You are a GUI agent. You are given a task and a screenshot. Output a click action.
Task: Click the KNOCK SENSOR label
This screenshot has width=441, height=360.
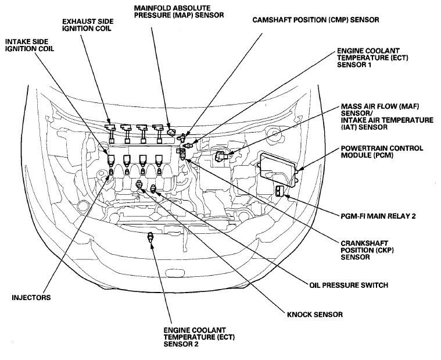pyautogui.click(x=315, y=314)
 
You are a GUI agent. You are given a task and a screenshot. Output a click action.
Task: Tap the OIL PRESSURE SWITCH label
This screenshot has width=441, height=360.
pyautogui.click(x=349, y=285)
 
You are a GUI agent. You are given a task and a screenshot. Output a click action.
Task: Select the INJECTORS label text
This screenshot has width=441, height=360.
pyautogui.click(x=31, y=298)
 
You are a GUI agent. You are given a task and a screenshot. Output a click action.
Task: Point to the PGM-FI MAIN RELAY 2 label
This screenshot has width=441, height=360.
pyautogui.click(x=378, y=216)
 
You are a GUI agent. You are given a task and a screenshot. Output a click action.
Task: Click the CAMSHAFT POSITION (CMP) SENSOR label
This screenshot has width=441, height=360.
pyautogui.click(x=315, y=20)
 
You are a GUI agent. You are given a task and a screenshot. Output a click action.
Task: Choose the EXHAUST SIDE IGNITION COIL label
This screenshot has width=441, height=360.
pyautogui.click(x=88, y=25)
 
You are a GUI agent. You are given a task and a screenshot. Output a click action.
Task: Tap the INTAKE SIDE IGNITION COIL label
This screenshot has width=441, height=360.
pyautogui.click(x=30, y=45)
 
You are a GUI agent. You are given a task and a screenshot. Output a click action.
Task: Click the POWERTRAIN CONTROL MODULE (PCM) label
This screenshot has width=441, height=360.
pyautogui.click(x=382, y=152)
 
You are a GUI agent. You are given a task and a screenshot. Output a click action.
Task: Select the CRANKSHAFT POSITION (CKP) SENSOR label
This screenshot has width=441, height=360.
pyautogui.click(x=367, y=250)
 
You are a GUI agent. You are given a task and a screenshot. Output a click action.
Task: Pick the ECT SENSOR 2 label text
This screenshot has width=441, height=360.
pyautogui.click(x=199, y=337)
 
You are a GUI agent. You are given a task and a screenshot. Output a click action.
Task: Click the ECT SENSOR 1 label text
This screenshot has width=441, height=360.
pyautogui.click(x=372, y=58)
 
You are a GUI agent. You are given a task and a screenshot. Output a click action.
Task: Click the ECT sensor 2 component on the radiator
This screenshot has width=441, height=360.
pyautogui.click(x=150, y=237)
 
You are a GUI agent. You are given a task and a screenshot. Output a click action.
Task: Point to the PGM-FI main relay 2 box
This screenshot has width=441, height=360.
pyautogui.click(x=280, y=191)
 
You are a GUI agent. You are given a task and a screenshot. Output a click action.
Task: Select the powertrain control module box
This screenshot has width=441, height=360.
pyautogui.click(x=278, y=169)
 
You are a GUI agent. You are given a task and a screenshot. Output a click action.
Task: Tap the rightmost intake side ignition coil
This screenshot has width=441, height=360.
pyautogui.click(x=159, y=161)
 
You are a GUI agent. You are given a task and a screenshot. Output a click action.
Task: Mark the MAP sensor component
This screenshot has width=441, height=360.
pyautogui.click(x=170, y=132)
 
